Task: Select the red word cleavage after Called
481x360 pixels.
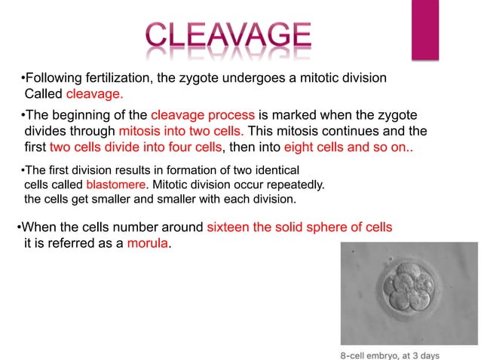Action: coord(94,95)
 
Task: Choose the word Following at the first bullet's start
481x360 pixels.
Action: coord(51,78)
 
